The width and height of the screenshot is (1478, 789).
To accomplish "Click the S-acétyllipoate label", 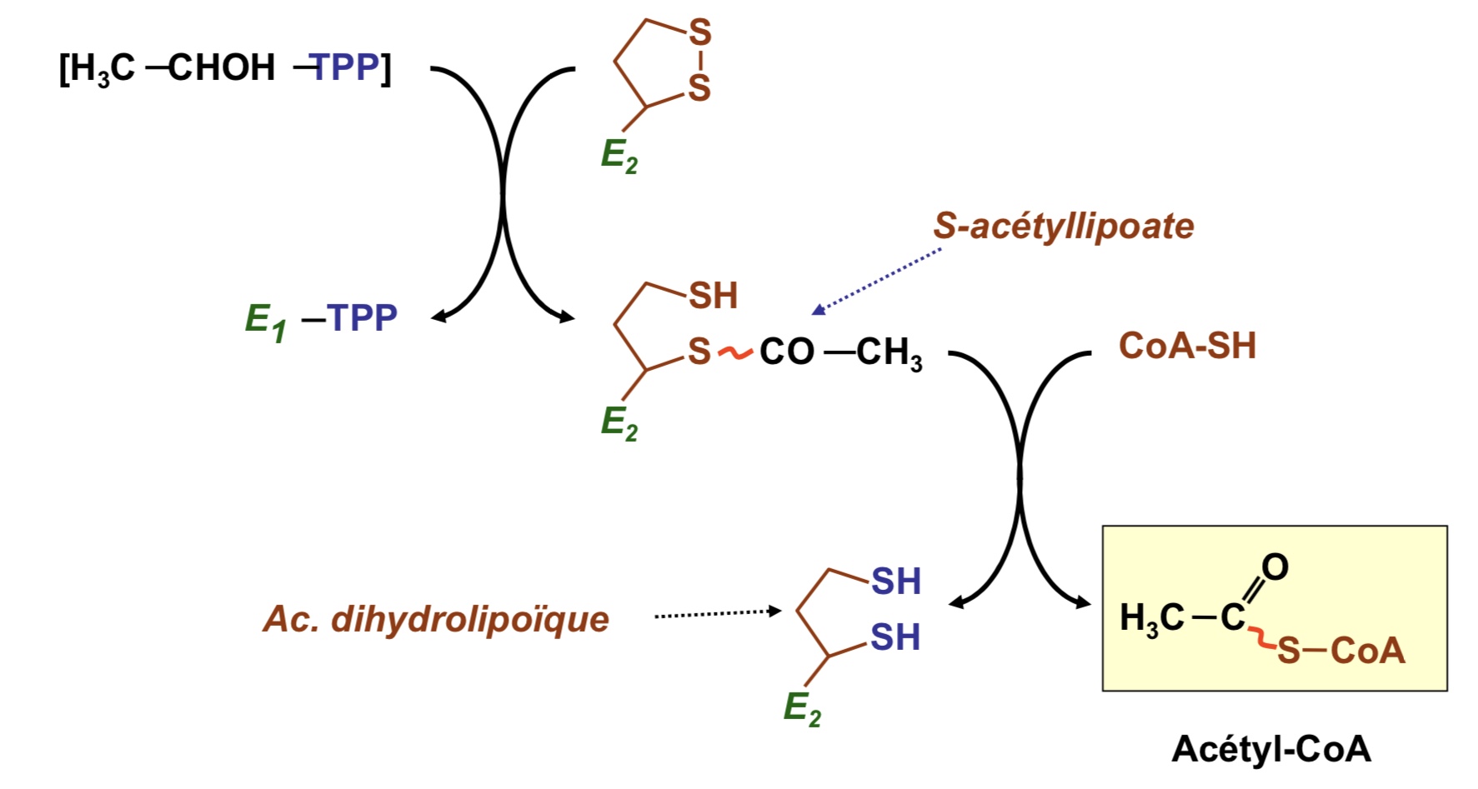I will click(1063, 226).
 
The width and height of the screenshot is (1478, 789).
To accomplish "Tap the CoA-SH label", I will click(1186, 346).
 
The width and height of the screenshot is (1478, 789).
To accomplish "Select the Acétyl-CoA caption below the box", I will click(1270, 749).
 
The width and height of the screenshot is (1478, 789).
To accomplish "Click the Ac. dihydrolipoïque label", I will click(436, 619).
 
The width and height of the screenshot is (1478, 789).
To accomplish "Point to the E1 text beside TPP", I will click(265, 321).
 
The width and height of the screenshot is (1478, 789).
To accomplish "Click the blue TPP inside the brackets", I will click(345, 67).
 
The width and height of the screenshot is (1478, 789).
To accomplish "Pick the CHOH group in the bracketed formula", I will click(222, 67).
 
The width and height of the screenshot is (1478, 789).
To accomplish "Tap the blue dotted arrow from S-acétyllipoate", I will click(875, 282).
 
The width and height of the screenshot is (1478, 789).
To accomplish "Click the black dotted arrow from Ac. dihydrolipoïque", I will click(717, 614).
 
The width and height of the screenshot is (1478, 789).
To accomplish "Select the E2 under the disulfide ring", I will click(619, 156).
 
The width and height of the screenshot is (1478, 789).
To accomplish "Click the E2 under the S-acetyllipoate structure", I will click(619, 422).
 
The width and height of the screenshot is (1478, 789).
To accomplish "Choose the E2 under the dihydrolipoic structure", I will click(802, 709).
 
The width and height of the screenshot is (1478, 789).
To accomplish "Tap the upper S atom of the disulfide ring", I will click(699, 32).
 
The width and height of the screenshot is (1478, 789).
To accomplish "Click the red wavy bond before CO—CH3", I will click(734, 352).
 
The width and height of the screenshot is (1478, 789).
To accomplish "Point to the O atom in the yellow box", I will click(1275, 567).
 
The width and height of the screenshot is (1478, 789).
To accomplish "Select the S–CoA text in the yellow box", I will click(1340, 651).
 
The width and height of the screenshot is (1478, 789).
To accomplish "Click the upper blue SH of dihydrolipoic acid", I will click(895, 582).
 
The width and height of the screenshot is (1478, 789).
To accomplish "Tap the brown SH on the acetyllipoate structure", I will click(713, 296).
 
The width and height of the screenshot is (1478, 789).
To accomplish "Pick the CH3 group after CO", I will click(889, 352).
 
